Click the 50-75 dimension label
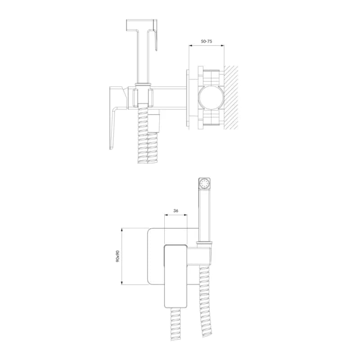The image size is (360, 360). [207, 41]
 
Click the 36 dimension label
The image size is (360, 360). [175, 211]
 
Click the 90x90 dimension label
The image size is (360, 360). [118, 256]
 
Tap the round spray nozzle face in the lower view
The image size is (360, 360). [204, 184]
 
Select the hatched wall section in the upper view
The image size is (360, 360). [231, 98]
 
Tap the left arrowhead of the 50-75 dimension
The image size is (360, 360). [190, 46]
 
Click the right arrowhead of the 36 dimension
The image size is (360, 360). [185, 215]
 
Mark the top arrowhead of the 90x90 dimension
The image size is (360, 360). [122, 229]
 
